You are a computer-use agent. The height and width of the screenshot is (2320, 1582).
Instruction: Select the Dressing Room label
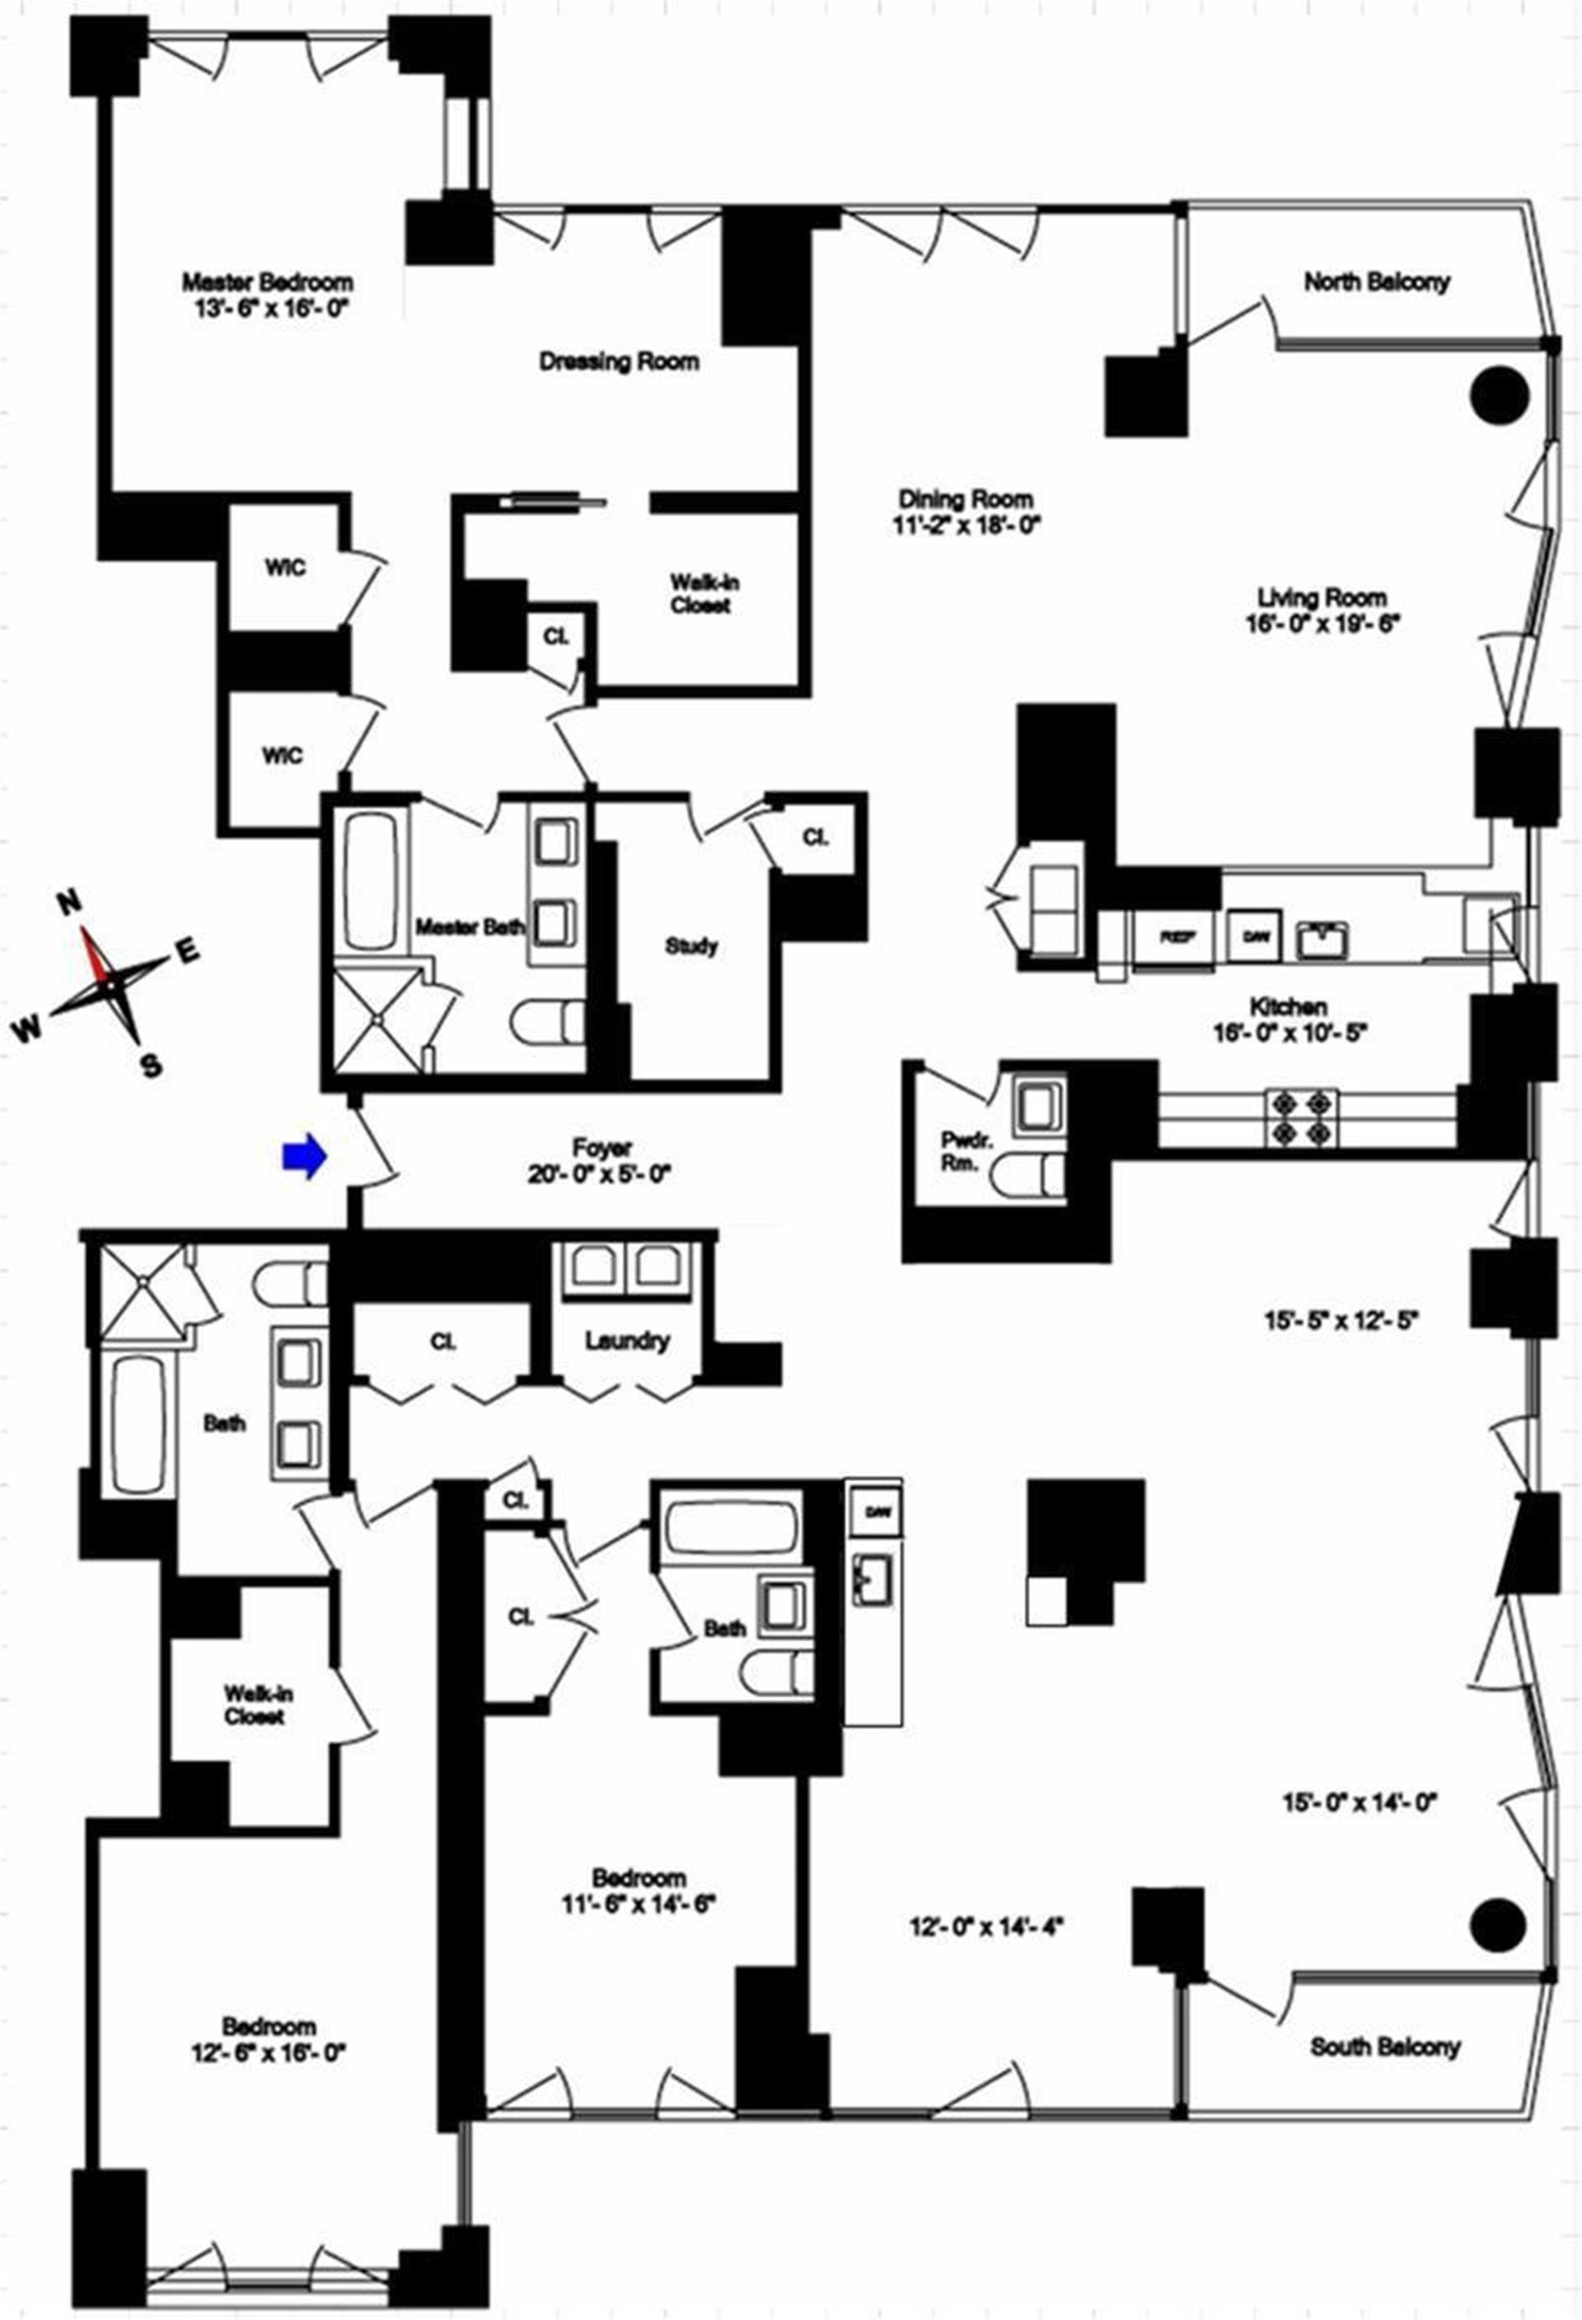619,361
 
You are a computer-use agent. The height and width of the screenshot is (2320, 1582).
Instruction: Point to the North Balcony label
1376,283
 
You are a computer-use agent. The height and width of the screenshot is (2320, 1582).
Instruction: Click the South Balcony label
1384,2046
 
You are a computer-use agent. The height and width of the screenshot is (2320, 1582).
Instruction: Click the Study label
690,945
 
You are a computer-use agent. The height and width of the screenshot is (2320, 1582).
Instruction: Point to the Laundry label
627,1341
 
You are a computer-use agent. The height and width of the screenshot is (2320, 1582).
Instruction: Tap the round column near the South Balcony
1498,1919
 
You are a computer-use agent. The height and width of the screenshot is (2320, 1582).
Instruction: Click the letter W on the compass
27,1029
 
